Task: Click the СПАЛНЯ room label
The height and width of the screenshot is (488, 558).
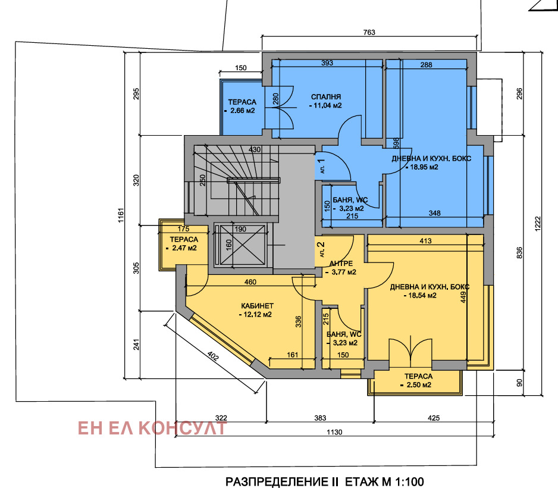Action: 325,96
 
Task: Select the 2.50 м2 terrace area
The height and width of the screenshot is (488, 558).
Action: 418,386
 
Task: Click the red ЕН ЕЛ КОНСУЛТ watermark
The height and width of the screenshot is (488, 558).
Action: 152,428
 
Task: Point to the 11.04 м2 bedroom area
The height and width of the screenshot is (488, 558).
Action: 325,106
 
